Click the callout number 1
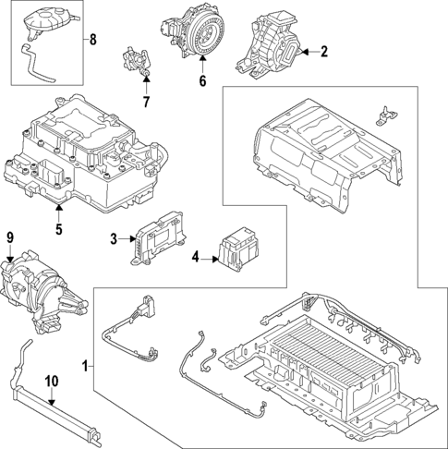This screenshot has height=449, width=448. pyautogui.click(x=86, y=367)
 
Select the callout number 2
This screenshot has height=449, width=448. pyautogui.click(x=324, y=52)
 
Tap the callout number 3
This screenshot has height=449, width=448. pyautogui.click(x=114, y=240)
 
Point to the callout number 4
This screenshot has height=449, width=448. pyautogui.click(x=195, y=258)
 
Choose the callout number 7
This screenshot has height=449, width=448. pyautogui.click(x=145, y=100)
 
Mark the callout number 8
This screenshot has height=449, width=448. pyautogui.click(x=91, y=40)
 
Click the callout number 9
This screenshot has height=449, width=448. pyautogui.click(x=10, y=238)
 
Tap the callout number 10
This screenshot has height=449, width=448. pyautogui.click(x=52, y=380)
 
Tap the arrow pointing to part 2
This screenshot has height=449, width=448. pyautogui.click(x=307, y=52)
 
